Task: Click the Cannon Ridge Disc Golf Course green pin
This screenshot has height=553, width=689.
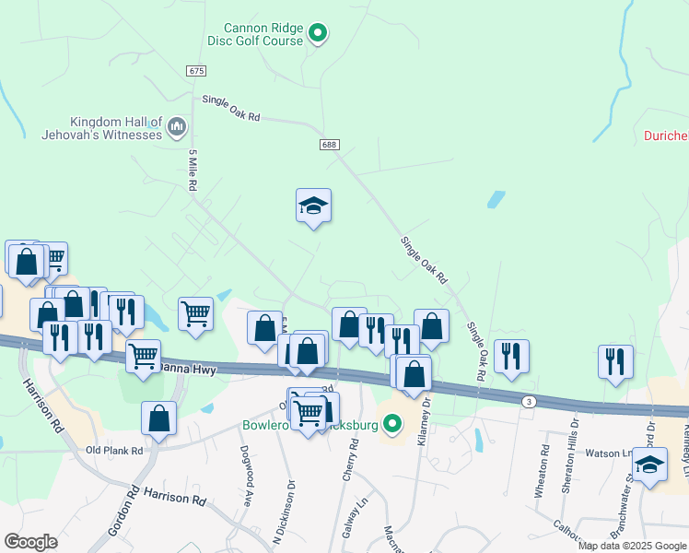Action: click(318, 35)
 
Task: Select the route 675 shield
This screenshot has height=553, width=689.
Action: click(194, 71)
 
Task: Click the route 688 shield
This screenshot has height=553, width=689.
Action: click(330, 145)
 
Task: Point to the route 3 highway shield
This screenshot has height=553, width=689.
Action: click(528, 401)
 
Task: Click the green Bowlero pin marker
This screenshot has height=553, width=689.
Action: click(393, 425)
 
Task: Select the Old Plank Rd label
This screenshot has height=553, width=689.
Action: click(114, 451)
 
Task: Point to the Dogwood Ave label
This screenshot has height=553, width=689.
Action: click(248, 489)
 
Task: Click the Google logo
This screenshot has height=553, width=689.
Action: click(30, 542)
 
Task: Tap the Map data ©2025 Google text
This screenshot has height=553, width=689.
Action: click(631, 546)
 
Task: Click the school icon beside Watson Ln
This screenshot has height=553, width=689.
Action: click(649, 466)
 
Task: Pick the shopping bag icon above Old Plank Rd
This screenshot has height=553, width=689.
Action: click(158, 418)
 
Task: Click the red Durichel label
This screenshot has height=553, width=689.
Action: click(665, 136)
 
